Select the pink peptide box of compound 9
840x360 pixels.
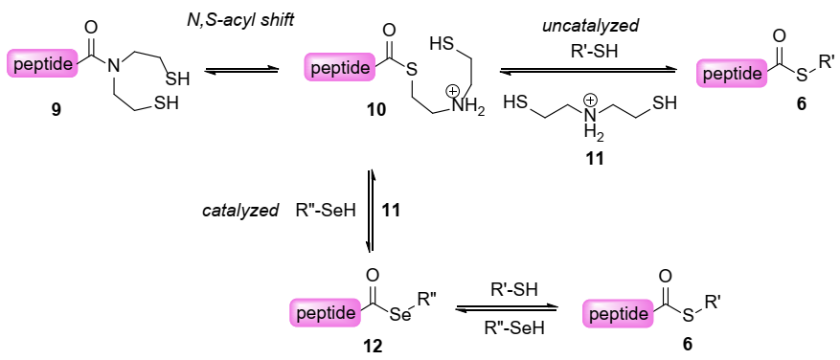[43, 65]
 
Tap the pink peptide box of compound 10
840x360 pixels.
[340, 69]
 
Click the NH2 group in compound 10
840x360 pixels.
[468, 109]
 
